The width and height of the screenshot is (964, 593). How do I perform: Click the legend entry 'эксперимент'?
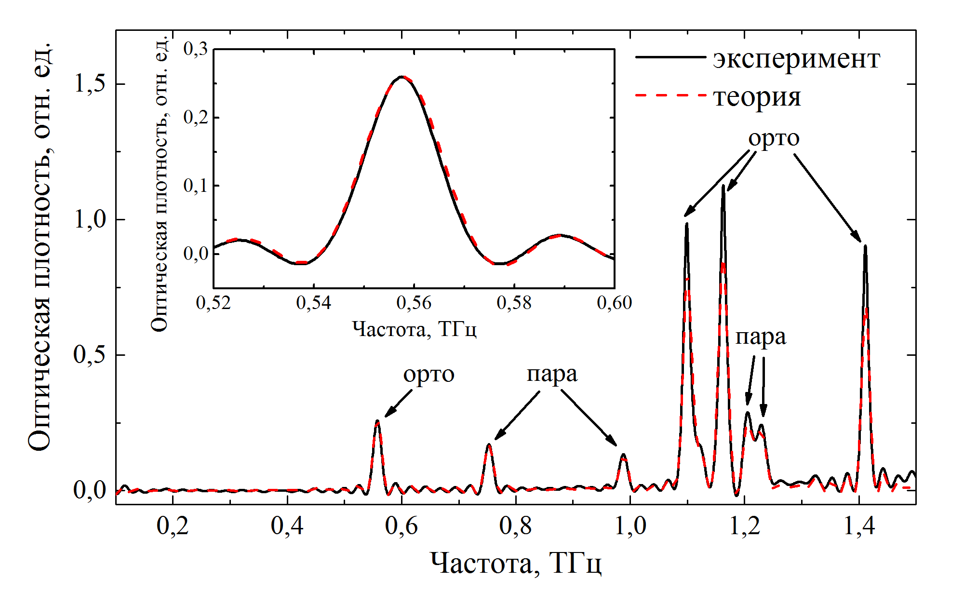796,59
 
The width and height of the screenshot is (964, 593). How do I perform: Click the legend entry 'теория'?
757,97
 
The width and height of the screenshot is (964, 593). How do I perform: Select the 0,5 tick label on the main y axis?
90,355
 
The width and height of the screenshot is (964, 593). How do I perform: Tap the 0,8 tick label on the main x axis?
515,526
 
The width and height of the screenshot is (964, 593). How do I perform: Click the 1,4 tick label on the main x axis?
859,526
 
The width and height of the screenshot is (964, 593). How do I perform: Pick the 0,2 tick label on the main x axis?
173,526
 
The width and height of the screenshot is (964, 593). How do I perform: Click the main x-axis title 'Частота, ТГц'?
515,563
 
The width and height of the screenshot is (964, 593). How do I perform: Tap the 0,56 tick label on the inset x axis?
414,303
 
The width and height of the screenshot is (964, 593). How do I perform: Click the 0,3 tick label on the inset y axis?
196,49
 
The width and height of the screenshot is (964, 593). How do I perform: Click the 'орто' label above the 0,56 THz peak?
428,375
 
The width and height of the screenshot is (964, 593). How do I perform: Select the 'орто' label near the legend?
774,138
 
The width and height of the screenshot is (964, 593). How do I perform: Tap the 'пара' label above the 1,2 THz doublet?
760,337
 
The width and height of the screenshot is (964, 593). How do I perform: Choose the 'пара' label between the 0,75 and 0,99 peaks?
552,375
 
